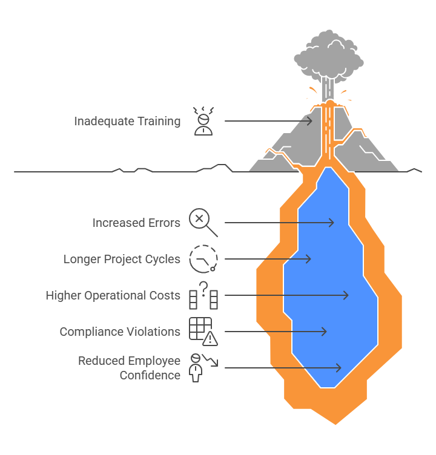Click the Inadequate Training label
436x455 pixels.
[x=127, y=121]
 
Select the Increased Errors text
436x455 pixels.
[x=136, y=223]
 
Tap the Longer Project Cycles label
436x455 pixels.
[x=122, y=259]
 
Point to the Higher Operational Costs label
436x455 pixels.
[x=113, y=295]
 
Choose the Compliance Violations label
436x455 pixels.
[x=120, y=332]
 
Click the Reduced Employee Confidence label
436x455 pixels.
[x=129, y=368]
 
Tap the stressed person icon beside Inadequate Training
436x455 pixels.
[x=203, y=121]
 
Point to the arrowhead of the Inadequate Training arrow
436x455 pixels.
[x=311, y=121]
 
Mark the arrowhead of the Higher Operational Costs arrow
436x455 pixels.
[x=347, y=295]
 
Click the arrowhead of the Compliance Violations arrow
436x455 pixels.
[x=325, y=332]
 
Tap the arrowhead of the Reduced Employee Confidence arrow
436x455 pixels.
[x=340, y=368]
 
